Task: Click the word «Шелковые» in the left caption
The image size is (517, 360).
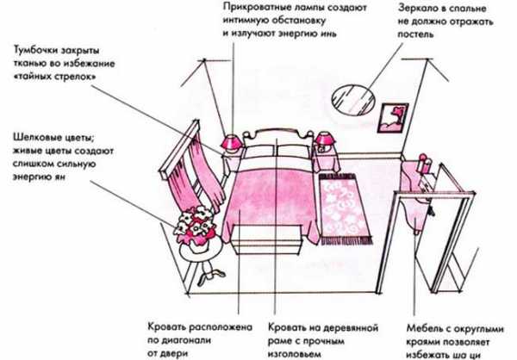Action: point(42,139)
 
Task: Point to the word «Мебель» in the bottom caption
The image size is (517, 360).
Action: point(424,328)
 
